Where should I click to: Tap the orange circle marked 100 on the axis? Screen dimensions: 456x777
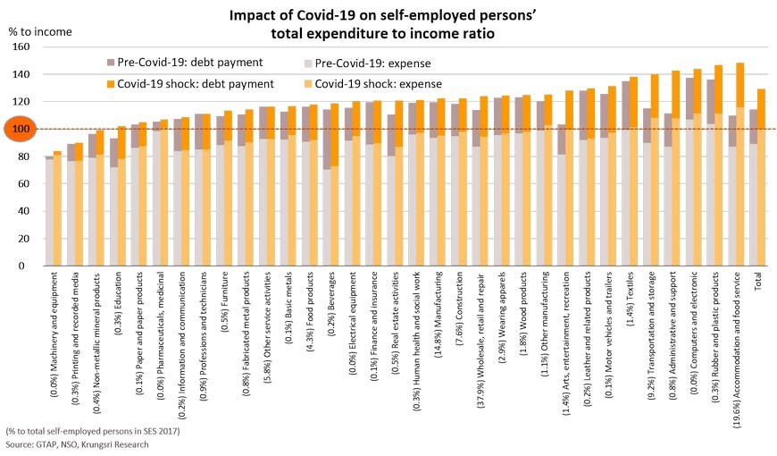pyautogui.click(x=19, y=129)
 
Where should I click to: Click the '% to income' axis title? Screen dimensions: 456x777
pyautogui.click(x=39, y=30)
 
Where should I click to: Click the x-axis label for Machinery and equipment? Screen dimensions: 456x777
pyautogui.click(x=54, y=339)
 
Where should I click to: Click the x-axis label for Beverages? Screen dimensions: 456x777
pyautogui.click(x=330, y=308)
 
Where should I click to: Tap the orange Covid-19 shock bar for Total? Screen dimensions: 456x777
pyautogui.click(x=761, y=179)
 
